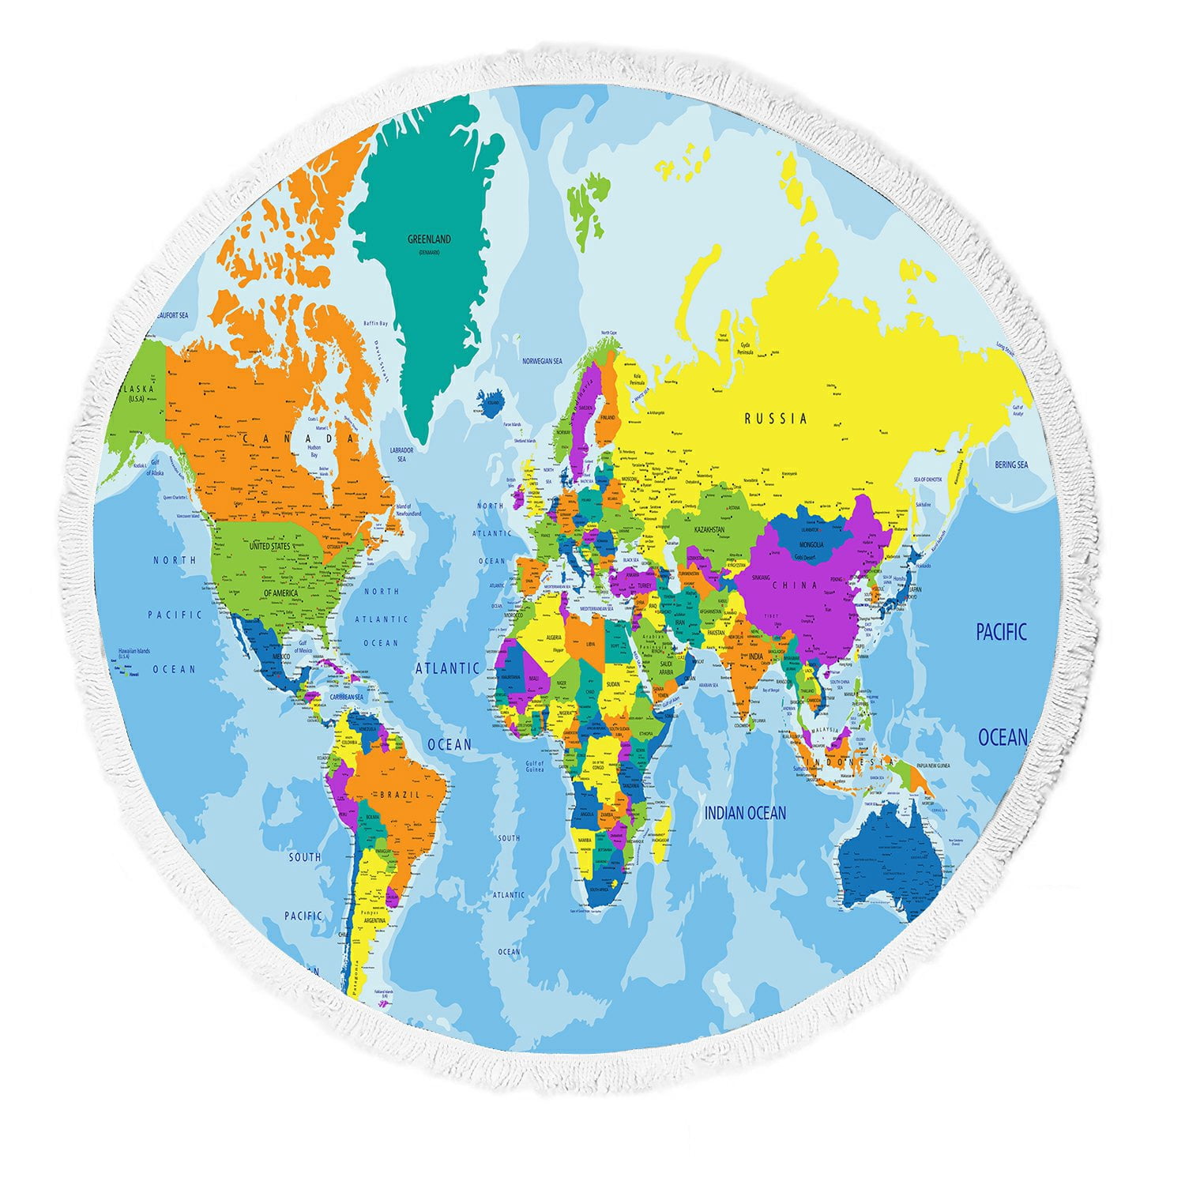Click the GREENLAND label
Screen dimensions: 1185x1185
(429, 239)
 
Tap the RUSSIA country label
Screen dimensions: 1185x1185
(776, 418)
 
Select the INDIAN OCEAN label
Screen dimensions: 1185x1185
(745, 813)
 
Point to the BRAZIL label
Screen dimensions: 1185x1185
(401, 794)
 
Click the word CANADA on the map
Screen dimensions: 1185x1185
(298, 438)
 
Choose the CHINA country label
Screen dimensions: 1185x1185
(795, 585)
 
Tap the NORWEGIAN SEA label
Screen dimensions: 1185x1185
(542, 361)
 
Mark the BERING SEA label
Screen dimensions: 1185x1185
(1011, 465)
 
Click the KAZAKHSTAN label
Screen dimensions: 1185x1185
(709, 529)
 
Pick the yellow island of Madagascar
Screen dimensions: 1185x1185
(662, 826)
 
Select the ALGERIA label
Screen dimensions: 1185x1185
(553, 637)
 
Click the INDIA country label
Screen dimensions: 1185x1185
(755, 656)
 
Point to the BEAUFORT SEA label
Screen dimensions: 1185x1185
(172, 315)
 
